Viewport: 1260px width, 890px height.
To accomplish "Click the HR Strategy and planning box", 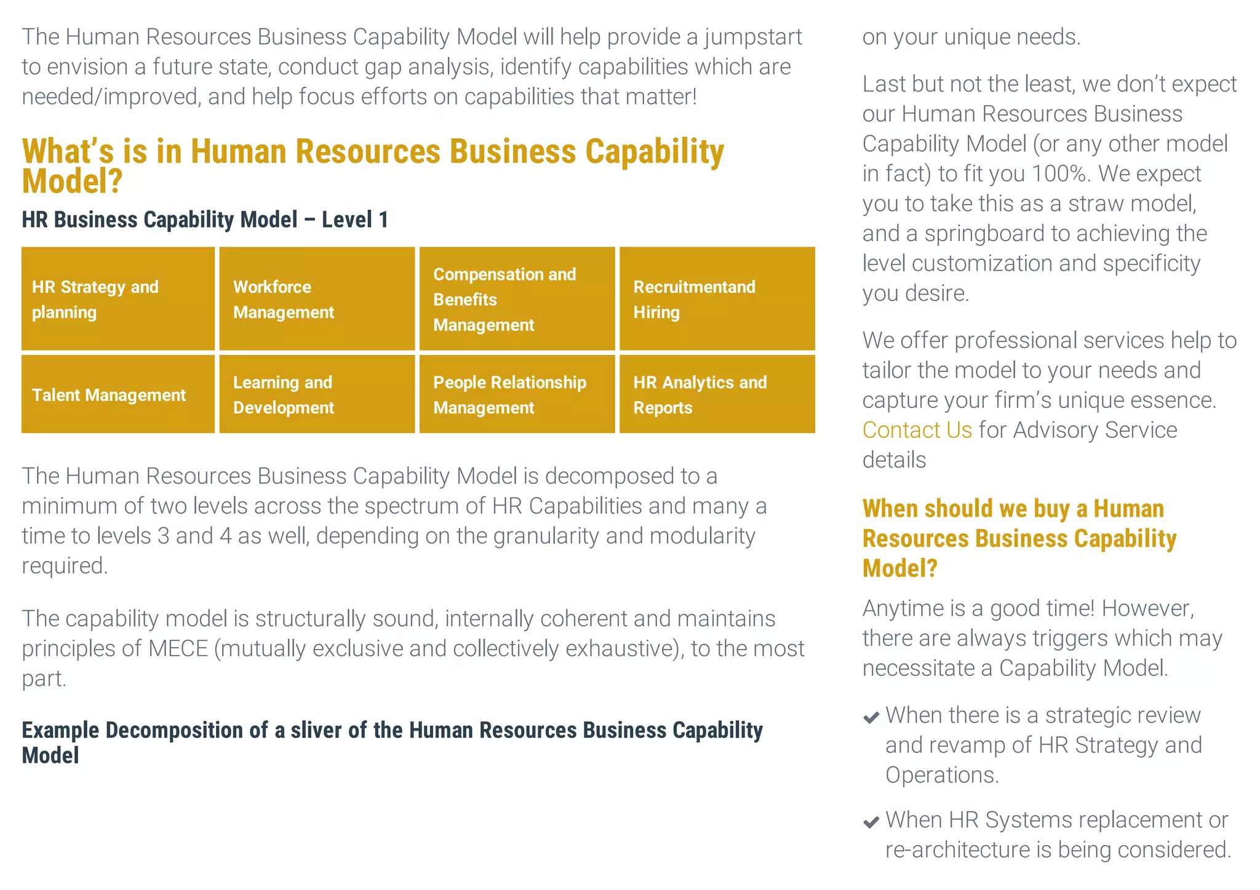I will (118, 299).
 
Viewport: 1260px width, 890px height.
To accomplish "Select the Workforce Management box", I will (317, 299).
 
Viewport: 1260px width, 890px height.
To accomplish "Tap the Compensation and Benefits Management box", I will (517, 299).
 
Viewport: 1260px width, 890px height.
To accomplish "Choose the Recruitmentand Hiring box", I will (717, 299).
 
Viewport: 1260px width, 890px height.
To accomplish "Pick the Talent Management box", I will (118, 394).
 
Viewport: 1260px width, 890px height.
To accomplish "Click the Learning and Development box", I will (317, 394).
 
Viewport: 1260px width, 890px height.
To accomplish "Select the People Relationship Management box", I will (517, 394).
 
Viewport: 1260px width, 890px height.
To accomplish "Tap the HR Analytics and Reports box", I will (717, 394).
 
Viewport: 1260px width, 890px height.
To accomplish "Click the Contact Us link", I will (917, 430).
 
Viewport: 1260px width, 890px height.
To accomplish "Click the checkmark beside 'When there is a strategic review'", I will (871, 717).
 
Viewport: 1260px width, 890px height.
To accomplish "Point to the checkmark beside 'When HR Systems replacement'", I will (871, 822).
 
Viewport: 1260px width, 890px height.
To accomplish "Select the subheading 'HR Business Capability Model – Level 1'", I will (205, 220).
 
